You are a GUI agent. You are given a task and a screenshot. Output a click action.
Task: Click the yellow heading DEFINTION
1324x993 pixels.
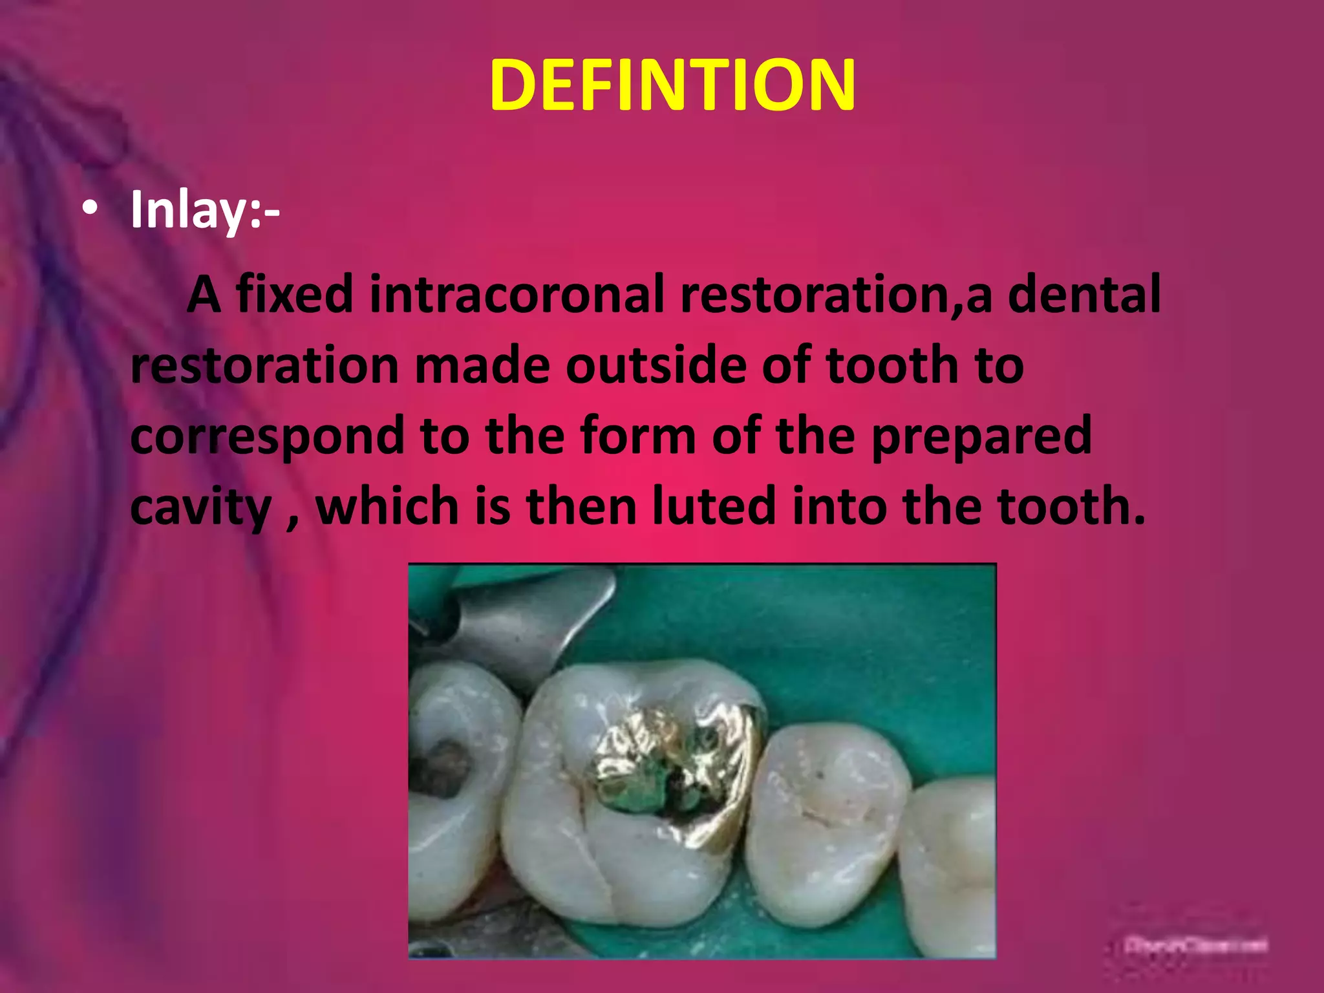(672, 85)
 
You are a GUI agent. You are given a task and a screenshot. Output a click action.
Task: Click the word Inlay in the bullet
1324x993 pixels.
(187, 210)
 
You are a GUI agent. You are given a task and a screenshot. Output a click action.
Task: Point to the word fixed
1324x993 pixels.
(294, 294)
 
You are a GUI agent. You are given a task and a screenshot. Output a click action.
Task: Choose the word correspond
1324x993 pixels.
(266, 436)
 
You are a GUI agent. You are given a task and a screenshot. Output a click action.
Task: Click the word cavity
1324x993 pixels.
(200, 507)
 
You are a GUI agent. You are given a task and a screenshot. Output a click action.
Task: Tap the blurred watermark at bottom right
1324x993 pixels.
(1195, 946)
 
